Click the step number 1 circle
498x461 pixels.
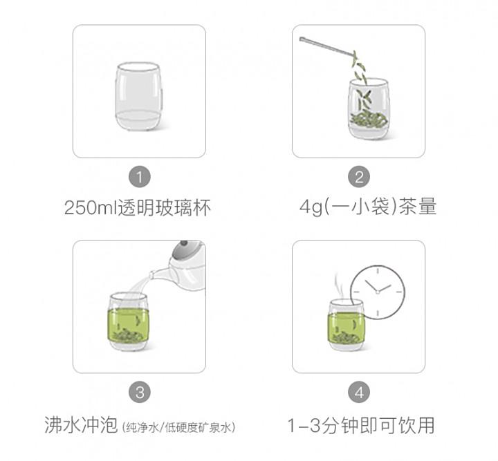tap(140, 177)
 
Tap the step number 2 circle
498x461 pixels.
tap(359, 177)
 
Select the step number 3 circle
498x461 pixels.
tap(140, 392)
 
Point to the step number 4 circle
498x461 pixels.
tap(359, 392)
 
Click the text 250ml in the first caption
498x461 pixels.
tap(91, 208)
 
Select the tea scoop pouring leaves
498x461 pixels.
tap(327, 48)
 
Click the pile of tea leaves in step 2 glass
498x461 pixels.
tap(369, 120)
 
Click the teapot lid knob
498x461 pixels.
tap(183, 243)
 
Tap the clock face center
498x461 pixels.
tap(378, 292)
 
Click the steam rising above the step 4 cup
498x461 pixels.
tap(338, 285)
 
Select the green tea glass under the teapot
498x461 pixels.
tap(128, 322)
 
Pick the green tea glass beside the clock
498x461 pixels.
tap(347, 325)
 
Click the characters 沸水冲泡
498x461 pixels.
tap(81, 425)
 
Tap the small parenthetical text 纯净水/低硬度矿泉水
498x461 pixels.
tap(178, 427)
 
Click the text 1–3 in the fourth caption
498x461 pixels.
tap(304, 425)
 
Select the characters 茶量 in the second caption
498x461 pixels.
tap(418, 207)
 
